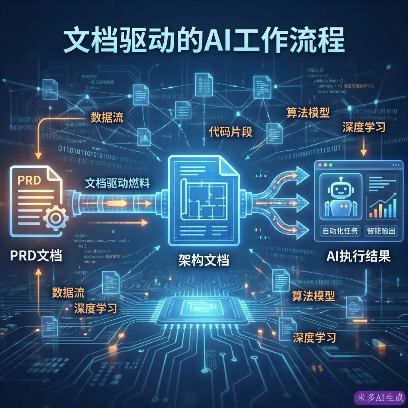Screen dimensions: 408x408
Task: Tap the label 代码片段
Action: [230, 132]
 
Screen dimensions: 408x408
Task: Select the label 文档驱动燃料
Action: [117, 183]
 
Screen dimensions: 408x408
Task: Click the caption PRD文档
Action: [36, 255]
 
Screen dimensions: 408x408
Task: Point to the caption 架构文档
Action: [204, 261]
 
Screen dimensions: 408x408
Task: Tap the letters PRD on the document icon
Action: [29, 180]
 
